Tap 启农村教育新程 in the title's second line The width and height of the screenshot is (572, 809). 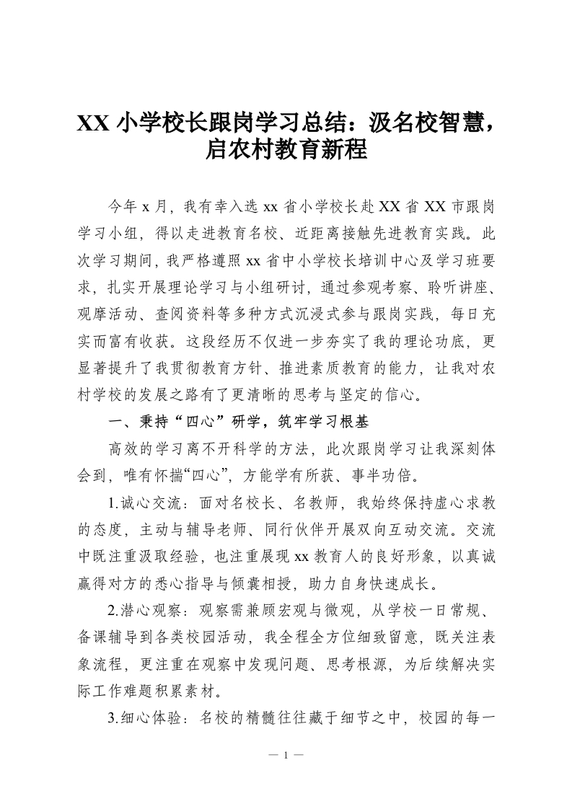pyautogui.click(x=286, y=151)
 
